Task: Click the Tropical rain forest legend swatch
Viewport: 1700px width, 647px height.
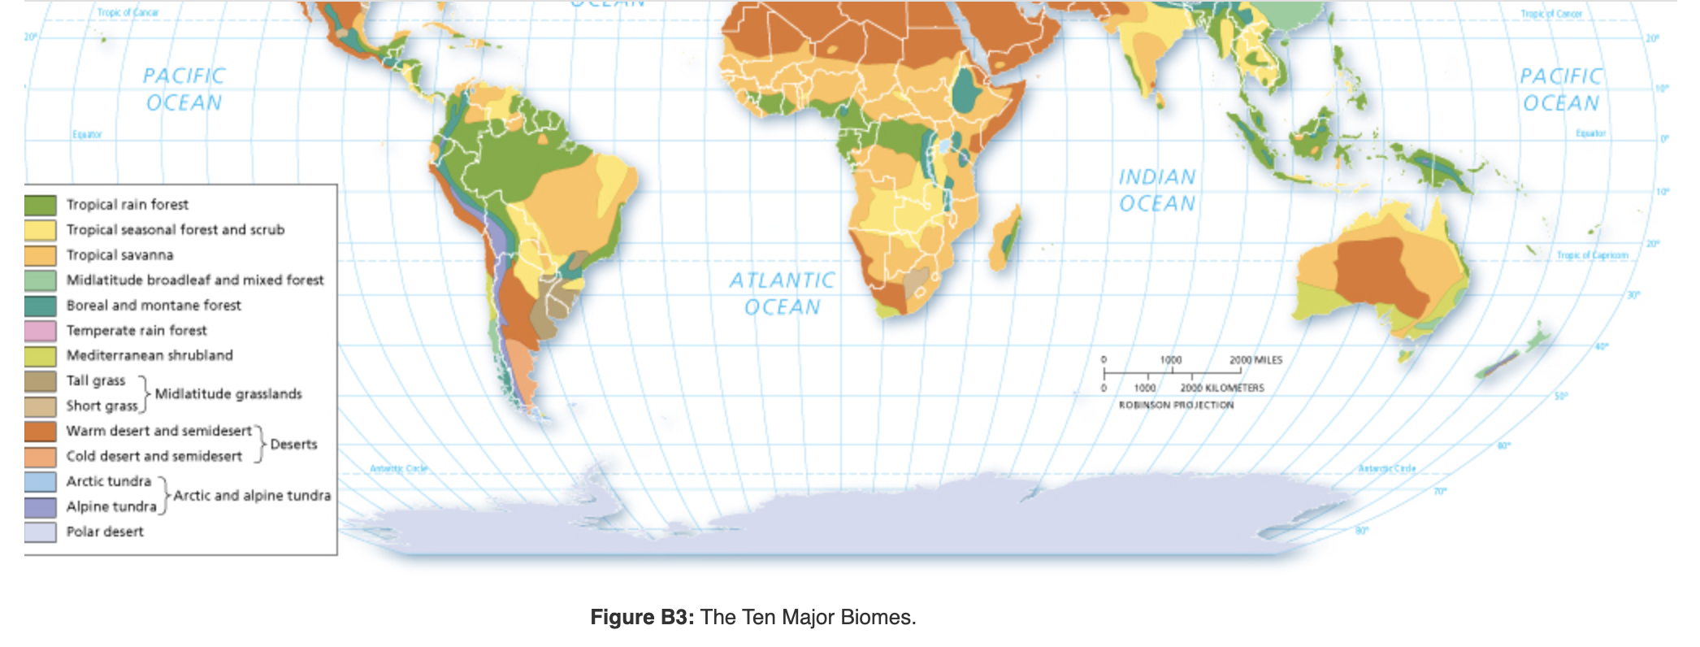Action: (x=40, y=205)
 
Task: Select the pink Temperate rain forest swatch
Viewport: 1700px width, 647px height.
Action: (x=40, y=331)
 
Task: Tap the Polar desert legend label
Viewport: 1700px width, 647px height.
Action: (x=105, y=532)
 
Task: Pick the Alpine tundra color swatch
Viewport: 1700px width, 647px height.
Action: (x=40, y=506)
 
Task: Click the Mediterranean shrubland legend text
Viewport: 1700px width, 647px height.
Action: (x=150, y=355)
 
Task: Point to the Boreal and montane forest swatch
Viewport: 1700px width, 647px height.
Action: (x=40, y=306)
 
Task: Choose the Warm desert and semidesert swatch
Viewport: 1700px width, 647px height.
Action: (x=40, y=431)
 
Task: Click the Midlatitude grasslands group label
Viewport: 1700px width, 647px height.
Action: (x=228, y=394)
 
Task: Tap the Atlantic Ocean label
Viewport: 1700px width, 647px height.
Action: (x=782, y=293)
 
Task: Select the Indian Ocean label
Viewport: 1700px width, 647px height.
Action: (x=1157, y=190)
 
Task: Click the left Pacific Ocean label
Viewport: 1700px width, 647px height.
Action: (x=184, y=89)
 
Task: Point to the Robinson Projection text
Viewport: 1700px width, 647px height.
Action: (x=1176, y=405)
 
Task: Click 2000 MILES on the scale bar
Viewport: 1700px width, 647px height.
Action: (x=1255, y=359)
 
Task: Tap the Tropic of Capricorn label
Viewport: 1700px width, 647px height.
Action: (x=1592, y=255)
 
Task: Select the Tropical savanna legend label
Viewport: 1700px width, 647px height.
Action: (x=119, y=255)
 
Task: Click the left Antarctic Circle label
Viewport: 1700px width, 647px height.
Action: (x=398, y=468)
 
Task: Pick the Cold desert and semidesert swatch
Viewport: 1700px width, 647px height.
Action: (x=40, y=456)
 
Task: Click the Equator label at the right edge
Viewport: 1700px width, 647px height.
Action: (x=1590, y=133)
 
